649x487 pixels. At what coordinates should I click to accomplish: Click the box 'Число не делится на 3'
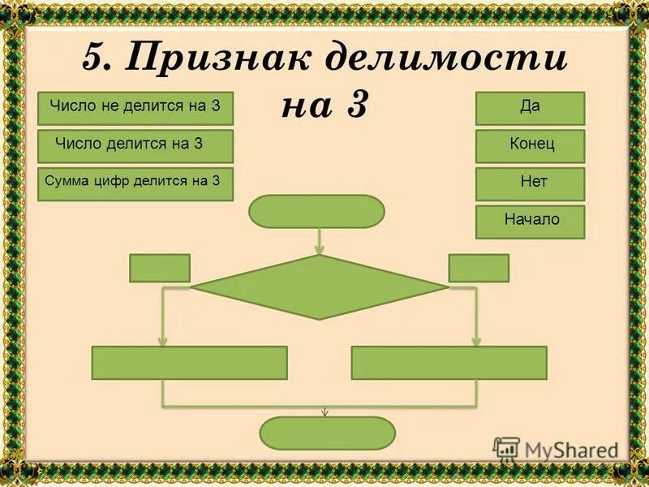coord(135,108)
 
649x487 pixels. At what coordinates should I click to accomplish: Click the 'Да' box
coord(530,108)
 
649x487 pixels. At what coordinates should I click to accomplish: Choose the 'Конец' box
coord(530,146)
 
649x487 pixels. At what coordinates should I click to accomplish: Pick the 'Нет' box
coord(530,184)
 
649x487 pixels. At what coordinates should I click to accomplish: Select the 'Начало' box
coord(530,221)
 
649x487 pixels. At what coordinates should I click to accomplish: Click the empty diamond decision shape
coord(320,287)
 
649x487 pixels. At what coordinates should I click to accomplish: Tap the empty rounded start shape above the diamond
coord(316,211)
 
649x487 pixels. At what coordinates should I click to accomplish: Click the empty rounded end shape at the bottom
coord(328,433)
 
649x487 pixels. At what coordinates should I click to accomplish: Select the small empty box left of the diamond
coord(160,268)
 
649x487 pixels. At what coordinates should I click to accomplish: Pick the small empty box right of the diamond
coord(479,268)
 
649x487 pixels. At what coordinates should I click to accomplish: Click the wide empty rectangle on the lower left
coord(190,363)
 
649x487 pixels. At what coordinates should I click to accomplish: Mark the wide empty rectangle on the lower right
coord(449,363)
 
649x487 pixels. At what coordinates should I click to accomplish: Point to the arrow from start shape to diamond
coord(320,241)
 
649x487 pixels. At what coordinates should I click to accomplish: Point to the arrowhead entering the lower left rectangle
coord(164,340)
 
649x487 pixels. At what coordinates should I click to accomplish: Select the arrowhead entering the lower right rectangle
coord(476,340)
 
